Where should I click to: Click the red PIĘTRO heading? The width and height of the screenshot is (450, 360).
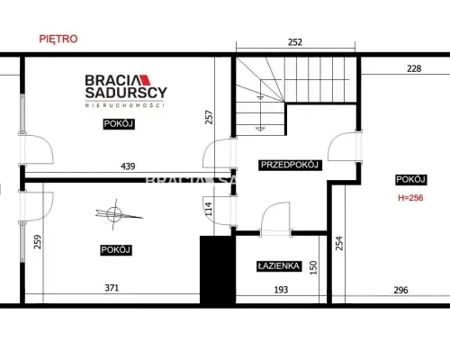[x=58, y=39]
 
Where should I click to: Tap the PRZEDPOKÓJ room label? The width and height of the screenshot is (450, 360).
[x=290, y=165]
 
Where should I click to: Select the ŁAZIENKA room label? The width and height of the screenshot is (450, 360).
[x=279, y=266]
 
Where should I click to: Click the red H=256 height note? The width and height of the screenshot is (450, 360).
[x=410, y=198]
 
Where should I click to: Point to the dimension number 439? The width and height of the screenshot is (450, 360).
[x=128, y=166]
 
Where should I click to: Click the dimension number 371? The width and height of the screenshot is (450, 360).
[x=112, y=288]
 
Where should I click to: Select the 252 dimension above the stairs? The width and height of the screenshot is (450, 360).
[x=295, y=42]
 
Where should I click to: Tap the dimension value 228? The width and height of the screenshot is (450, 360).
[x=414, y=68]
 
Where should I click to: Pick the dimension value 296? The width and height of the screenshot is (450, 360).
[x=400, y=290]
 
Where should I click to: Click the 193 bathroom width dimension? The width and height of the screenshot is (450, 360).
[x=281, y=290]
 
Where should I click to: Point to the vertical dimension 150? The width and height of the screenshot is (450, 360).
[x=313, y=267]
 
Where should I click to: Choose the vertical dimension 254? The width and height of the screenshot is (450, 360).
[x=339, y=243]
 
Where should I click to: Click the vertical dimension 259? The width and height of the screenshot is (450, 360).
[x=38, y=242]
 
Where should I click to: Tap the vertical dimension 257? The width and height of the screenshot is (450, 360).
[x=209, y=117]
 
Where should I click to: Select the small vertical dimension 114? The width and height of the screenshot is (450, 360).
[x=209, y=209]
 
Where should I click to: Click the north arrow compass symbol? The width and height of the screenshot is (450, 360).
[x=114, y=214]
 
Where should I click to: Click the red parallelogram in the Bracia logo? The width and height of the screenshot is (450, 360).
[x=146, y=79]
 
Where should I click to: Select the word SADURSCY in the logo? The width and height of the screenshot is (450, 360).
[x=126, y=93]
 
